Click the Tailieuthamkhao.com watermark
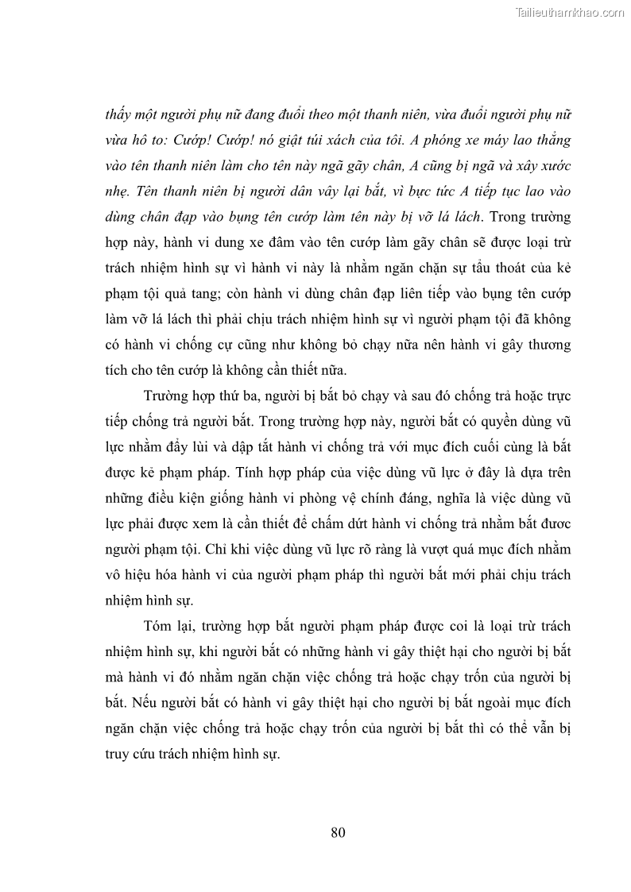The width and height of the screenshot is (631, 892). click(x=570, y=12)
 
